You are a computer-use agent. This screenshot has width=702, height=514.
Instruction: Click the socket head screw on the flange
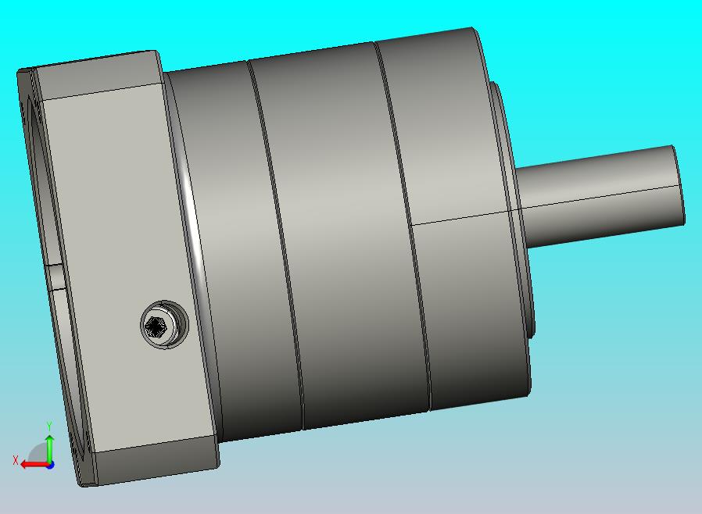point(164,325)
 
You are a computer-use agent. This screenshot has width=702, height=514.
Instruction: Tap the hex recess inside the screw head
point(156,327)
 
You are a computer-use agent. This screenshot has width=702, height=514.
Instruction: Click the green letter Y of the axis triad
point(49,425)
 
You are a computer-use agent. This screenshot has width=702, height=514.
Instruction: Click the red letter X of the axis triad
point(16,460)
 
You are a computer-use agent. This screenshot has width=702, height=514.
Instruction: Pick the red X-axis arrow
point(36,464)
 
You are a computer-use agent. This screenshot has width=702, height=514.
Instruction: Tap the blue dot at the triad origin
point(51,466)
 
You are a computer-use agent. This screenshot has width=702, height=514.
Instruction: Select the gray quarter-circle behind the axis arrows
point(38,453)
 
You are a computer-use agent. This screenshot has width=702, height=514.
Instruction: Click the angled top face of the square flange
point(96,73)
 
